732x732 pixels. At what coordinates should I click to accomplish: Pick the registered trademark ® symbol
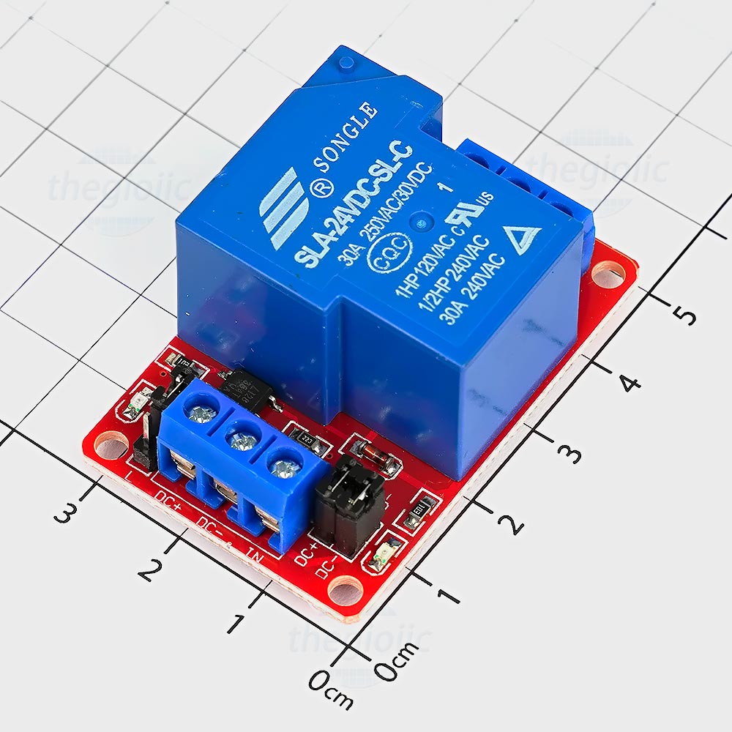click(x=300, y=190)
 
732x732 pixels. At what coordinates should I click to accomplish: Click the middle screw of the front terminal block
click(x=239, y=441)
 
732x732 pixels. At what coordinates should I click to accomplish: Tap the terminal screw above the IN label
click(x=281, y=463)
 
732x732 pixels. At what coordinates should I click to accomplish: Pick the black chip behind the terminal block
click(x=247, y=388)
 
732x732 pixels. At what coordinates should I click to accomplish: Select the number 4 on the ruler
click(x=630, y=380)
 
